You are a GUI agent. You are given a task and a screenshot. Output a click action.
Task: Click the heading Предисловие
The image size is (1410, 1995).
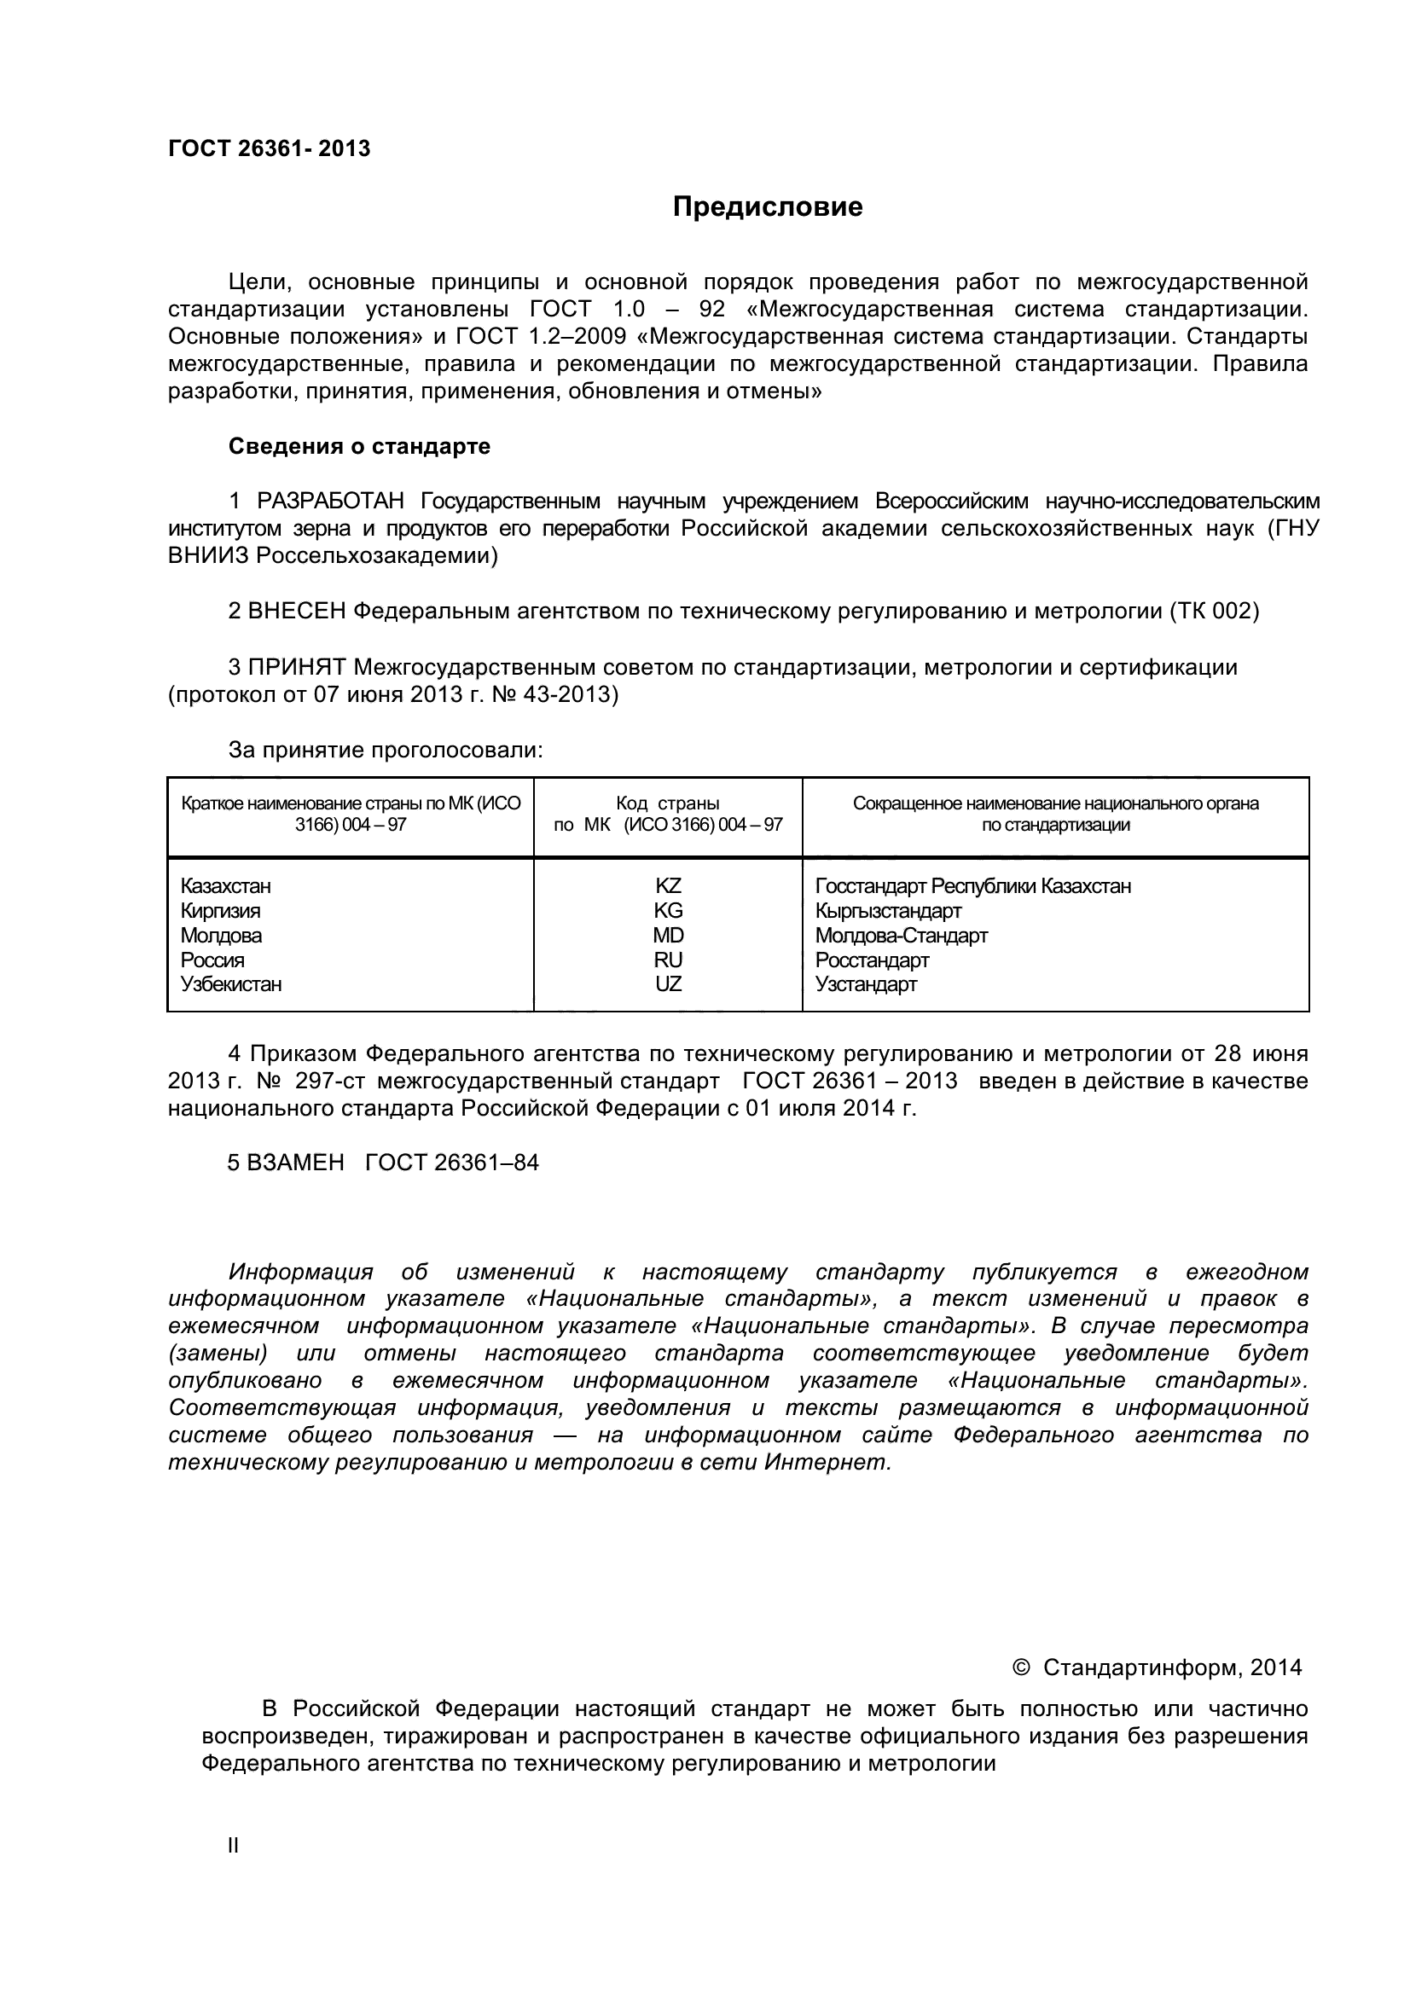click(x=767, y=206)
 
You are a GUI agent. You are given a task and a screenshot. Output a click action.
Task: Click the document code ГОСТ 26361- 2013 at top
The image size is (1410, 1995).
click(x=270, y=149)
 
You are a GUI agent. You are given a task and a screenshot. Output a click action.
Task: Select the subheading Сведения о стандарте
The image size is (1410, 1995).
click(x=359, y=447)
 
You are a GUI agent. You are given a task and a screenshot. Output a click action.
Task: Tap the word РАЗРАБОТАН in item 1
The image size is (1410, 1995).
click(x=330, y=502)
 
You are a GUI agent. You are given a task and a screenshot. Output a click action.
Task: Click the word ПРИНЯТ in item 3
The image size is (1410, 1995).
click(x=297, y=667)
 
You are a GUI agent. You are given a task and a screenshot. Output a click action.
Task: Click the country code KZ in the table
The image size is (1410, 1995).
click(x=668, y=886)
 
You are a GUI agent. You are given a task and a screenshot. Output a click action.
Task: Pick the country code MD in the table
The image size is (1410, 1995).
click(x=668, y=936)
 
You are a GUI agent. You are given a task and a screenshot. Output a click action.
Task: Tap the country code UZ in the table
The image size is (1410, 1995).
click(x=668, y=984)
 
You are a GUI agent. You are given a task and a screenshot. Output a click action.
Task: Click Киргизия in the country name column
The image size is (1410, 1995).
click(x=221, y=911)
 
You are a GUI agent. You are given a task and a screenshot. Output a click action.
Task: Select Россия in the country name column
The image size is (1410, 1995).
click(x=213, y=960)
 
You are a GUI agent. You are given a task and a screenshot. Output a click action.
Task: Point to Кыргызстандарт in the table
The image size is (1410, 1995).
click(x=888, y=911)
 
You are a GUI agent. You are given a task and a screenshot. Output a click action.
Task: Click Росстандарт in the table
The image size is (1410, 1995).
click(x=873, y=960)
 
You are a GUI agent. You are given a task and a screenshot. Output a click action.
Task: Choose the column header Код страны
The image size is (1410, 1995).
click(x=667, y=803)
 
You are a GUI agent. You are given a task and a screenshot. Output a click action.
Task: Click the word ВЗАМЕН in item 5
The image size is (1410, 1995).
click(x=295, y=1163)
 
